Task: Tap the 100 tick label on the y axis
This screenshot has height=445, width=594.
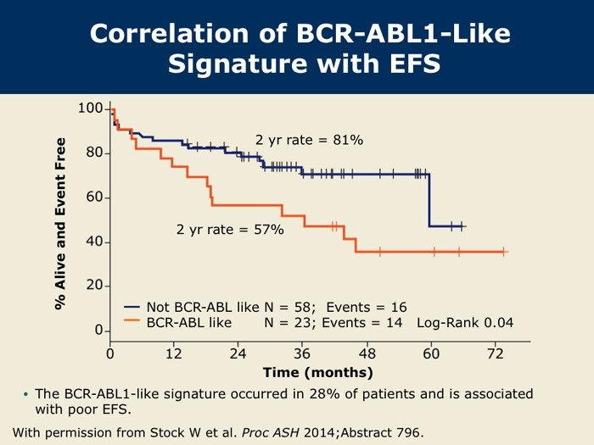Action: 90,109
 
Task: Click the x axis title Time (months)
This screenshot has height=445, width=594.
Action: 317,372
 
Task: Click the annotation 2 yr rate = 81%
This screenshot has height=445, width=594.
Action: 309,140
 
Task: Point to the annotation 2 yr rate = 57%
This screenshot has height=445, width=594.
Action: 230,229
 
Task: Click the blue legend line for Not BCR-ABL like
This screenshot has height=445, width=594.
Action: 132,307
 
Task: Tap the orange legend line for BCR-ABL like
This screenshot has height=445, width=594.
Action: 132,322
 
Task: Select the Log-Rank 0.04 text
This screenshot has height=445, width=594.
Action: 465,322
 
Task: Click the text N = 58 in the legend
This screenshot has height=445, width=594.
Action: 286,307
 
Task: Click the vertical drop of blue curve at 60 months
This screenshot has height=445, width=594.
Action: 429,201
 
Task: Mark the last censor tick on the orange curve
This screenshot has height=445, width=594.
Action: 504,252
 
